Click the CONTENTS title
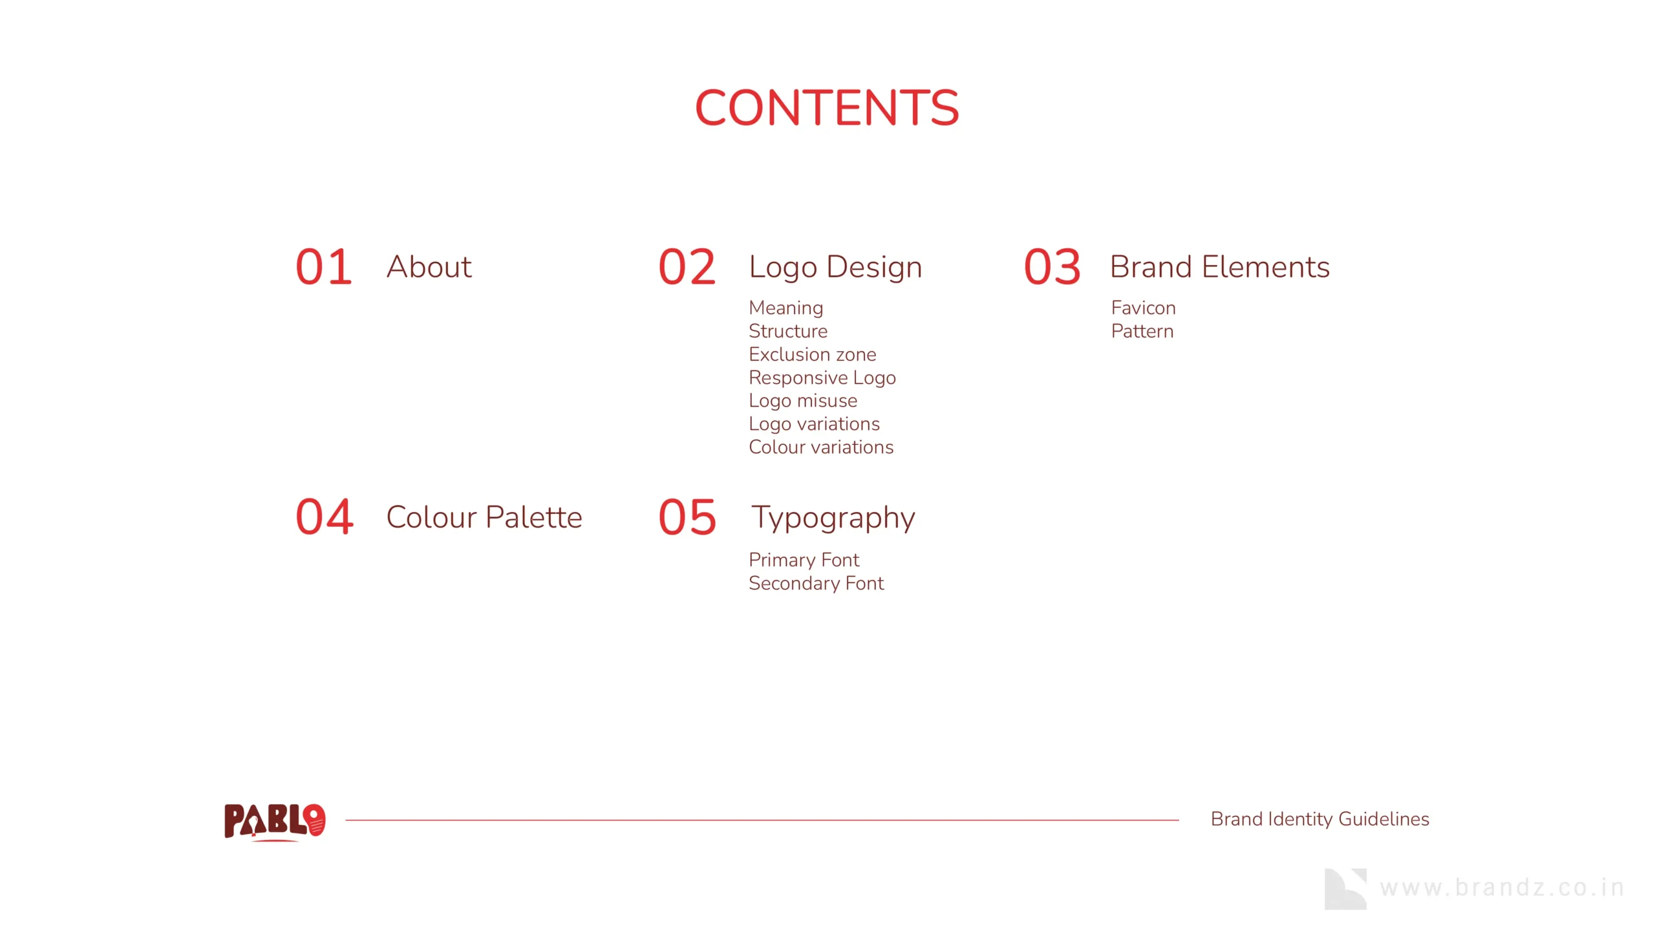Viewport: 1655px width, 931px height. click(x=827, y=107)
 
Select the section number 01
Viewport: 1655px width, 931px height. click(x=324, y=267)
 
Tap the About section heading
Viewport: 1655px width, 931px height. click(x=429, y=266)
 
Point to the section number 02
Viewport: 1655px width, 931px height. click(x=687, y=267)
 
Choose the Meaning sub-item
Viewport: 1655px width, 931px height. click(x=786, y=308)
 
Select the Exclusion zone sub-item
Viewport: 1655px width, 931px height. click(x=813, y=354)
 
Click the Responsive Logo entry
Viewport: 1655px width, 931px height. click(x=822, y=378)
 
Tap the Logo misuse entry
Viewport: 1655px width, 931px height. click(x=803, y=401)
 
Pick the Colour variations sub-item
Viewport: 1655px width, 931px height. click(x=821, y=447)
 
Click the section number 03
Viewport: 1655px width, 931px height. click(x=1052, y=267)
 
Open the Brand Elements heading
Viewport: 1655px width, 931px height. click(x=1220, y=266)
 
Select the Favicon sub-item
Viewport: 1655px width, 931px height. click(x=1144, y=308)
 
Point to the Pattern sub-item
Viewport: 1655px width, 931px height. click(x=1142, y=331)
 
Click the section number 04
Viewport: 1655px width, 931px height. click(x=325, y=517)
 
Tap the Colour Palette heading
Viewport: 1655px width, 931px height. click(x=484, y=517)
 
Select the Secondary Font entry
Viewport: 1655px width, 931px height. click(x=816, y=583)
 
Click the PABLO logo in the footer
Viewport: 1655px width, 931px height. click(x=275, y=822)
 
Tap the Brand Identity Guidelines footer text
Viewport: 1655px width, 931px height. click(x=1319, y=819)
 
